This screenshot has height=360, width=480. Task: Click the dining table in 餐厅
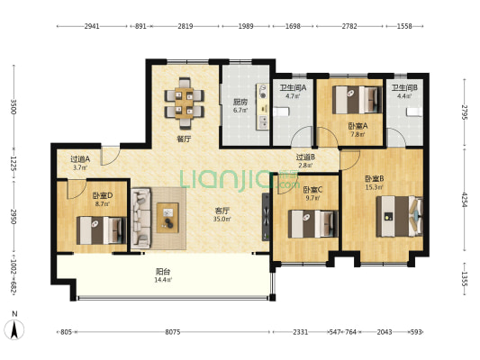(x=184, y=103)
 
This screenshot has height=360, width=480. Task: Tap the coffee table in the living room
(x=168, y=218)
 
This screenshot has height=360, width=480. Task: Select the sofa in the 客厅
(x=140, y=218)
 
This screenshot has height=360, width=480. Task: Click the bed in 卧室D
(x=102, y=230)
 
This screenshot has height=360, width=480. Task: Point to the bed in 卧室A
(x=358, y=100)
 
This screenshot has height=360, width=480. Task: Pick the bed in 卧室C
(x=313, y=224)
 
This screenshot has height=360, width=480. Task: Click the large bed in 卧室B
(x=400, y=216)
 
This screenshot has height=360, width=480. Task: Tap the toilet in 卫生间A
(x=281, y=112)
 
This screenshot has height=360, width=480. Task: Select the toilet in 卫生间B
(x=415, y=112)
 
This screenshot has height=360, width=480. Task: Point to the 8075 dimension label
(x=173, y=332)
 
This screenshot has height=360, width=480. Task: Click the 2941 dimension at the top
(x=92, y=26)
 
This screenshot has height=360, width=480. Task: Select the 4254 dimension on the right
(x=465, y=200)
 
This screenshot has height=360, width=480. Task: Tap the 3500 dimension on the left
(x=14, y=106)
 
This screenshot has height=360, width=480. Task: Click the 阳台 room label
(x=163, y=271)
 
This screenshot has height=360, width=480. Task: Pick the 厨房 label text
(x=240, y=102)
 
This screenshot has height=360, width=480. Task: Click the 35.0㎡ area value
(x=222, y=219)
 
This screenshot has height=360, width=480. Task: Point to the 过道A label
(x=80, y=159)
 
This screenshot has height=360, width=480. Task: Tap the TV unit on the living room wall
(x=266, y=217)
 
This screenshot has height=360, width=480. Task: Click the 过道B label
(x=305, y=157)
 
